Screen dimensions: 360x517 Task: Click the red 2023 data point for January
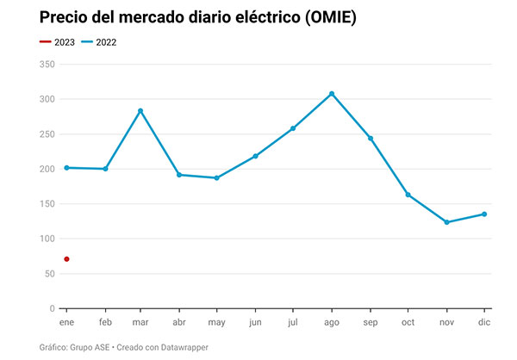66,259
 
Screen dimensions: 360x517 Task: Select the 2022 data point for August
332,94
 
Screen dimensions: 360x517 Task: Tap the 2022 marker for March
140,111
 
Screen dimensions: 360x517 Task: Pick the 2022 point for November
446,222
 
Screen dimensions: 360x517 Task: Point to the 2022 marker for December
484,214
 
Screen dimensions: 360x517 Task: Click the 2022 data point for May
216,178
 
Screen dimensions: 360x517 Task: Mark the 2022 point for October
408,195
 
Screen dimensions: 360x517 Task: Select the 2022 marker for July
293,128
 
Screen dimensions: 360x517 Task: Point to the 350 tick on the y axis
47,65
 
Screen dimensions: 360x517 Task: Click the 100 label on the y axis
47,239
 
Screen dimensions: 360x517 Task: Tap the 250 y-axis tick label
47,134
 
